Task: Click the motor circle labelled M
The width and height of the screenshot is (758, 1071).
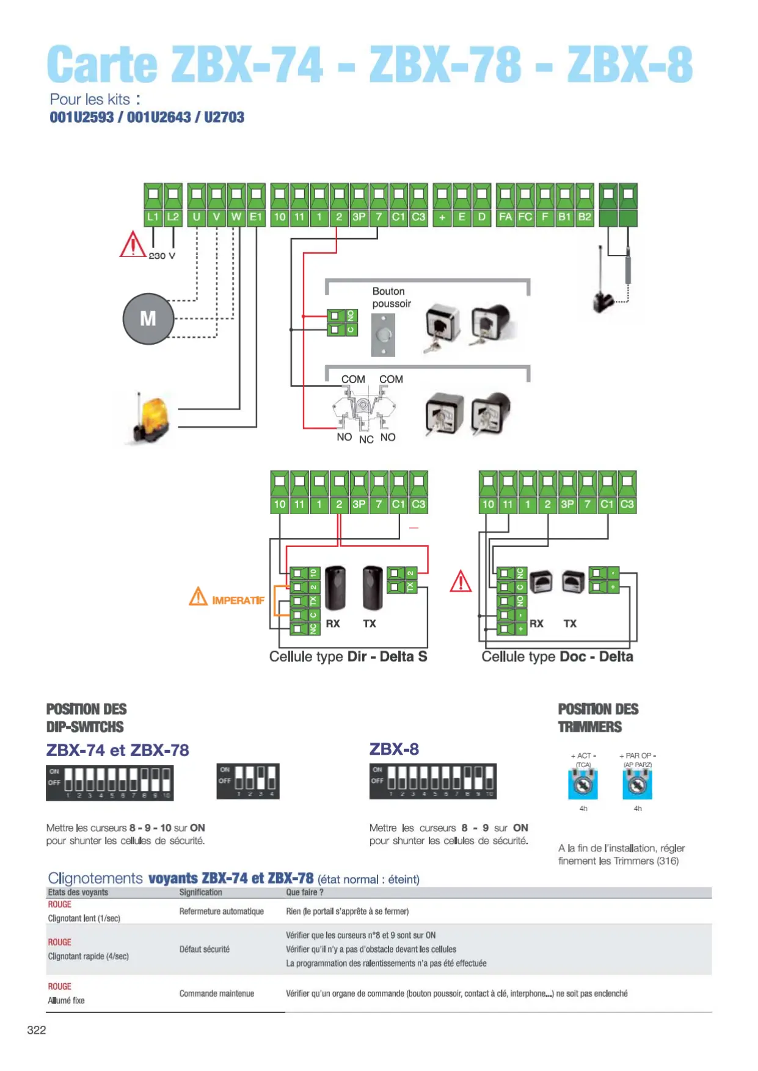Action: (148, 319)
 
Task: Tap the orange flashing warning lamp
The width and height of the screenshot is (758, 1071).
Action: (151, 419)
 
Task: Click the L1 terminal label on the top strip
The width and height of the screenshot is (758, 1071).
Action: (153, 217)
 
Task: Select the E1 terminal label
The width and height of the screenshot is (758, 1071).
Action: (256, 217)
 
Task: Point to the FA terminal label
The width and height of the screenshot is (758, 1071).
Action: (505, 217)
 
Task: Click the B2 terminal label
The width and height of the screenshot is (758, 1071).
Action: (585, 217)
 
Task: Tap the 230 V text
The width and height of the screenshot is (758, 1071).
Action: (162, 256)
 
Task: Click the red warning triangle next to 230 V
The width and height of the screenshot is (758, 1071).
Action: (132, 245)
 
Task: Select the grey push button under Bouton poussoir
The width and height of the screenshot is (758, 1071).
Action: (383, 334)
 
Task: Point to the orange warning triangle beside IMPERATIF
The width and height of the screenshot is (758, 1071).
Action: (198, 596)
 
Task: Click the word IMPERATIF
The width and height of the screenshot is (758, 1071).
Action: (238, 600)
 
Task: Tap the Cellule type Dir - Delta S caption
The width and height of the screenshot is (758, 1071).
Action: (348, 657)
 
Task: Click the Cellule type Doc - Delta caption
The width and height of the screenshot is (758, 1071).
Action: (557, 657)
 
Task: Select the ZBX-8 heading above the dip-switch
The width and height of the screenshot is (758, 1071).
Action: (394, 749)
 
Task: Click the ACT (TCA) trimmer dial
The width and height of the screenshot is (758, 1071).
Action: (583, 784)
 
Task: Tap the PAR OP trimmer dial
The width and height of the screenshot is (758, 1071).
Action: (637, 784)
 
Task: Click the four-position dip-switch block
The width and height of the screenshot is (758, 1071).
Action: (248, 781)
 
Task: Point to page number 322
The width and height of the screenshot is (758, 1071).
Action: (37, 1030)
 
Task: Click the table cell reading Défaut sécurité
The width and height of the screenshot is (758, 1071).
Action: (205, 949)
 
